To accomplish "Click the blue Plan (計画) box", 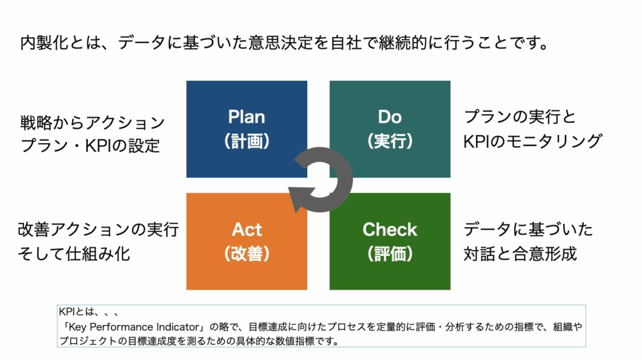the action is (246, 129).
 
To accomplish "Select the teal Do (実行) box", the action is (390, 129).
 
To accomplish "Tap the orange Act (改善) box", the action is (246, 241).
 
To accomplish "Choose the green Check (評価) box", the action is (390, 241).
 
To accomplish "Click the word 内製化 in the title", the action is (45, 43).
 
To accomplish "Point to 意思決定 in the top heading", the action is (281, 43).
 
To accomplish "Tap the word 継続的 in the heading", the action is (403, 43).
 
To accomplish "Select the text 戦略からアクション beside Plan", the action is (93, 122).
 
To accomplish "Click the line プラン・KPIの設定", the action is (90, 146).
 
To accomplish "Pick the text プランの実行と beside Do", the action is (520, 117).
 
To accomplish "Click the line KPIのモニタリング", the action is (533, 141).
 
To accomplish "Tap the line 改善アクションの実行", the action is (98, 230).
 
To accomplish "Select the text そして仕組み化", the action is (74, 254).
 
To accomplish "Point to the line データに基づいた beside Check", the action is (528, 230).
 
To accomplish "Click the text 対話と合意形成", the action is (520, 254).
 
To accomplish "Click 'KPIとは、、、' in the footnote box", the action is (89, 312).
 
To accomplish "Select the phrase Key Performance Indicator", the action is (134, 327).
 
